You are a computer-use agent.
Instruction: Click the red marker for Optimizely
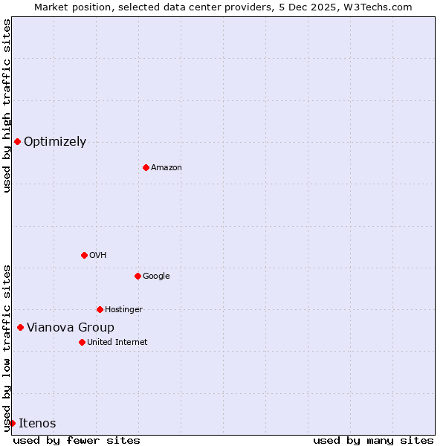click(x=17, y=141)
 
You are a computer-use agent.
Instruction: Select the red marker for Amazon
click(x=146, y=167)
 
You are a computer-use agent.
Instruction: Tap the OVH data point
click(x=84, y=255)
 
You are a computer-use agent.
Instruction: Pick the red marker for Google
click(x=138, y=276)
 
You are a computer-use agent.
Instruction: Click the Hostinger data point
click(x=100, y=309)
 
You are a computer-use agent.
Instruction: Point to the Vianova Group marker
click(x=20, y=327)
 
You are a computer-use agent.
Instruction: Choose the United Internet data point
click(x=82, y=342)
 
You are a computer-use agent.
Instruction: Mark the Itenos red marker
click(x=12, y=423)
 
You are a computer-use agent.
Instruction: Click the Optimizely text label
click(x=55, y=142)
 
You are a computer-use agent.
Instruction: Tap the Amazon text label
click(x=167, y=168)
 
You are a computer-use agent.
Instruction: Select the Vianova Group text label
click(x=71, y=328)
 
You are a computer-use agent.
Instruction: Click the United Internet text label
click(x=117, y=343)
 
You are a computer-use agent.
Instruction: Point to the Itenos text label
click(x=37, y=424)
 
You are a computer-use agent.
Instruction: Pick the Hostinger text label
click(x=123, y=310)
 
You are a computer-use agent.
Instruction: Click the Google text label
click(x=156, y=277)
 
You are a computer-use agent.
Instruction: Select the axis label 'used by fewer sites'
click(x=77, y=441)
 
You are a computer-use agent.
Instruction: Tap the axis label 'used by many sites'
click(x=373, y=441)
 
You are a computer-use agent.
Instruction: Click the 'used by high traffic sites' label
click(x=7, y=106)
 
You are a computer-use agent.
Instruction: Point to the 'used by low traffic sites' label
click(x=7, y=348)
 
